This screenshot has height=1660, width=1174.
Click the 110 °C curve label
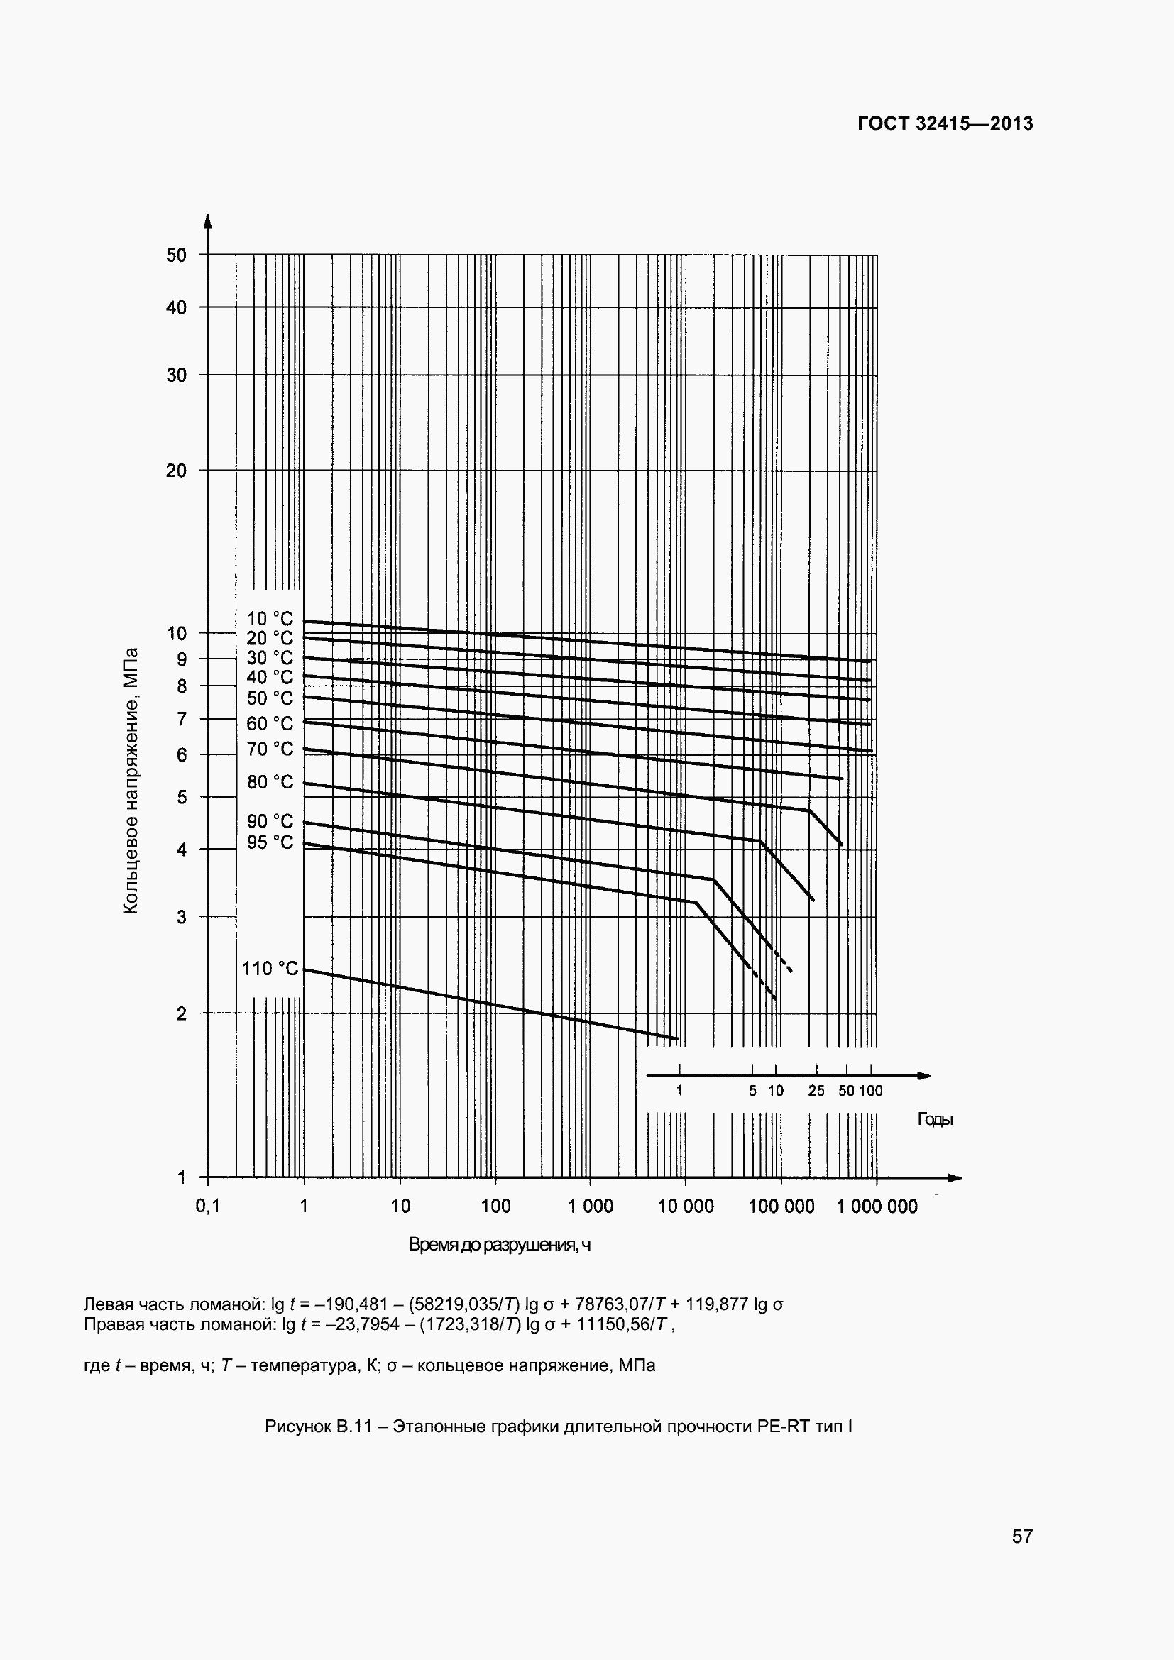click(x=270, y=969)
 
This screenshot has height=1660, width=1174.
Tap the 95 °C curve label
click(x=270, y=842)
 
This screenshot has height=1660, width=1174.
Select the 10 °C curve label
click(x=270, y=619)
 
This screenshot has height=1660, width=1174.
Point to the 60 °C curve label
click(x=270, y=724)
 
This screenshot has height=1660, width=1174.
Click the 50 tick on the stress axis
click(x=177, y=255)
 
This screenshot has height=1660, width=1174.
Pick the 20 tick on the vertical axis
click(x=177, y=471)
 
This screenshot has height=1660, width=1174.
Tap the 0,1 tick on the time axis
click(x=207, y=1206)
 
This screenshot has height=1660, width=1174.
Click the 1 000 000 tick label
click(x=877, y=1206)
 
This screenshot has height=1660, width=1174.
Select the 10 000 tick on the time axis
click(x=686, y=1206)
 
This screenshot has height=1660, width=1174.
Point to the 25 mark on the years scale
click(x=816, y=1091)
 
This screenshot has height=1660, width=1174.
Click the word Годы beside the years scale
click(x=936, y=1119)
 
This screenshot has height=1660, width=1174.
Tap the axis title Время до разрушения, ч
click(x=500, y=1244)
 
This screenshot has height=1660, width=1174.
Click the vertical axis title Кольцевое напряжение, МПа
click(x=131, y=781)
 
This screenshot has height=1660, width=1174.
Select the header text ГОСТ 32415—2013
click(x=945, y=123)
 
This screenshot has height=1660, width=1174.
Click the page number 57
click(x=1022, y=1537)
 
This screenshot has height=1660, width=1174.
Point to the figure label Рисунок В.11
click(x=318, y=1427)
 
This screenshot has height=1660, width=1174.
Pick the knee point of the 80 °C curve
click(x=759, y=842)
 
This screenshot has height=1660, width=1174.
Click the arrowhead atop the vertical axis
click(x=207, y=221)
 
